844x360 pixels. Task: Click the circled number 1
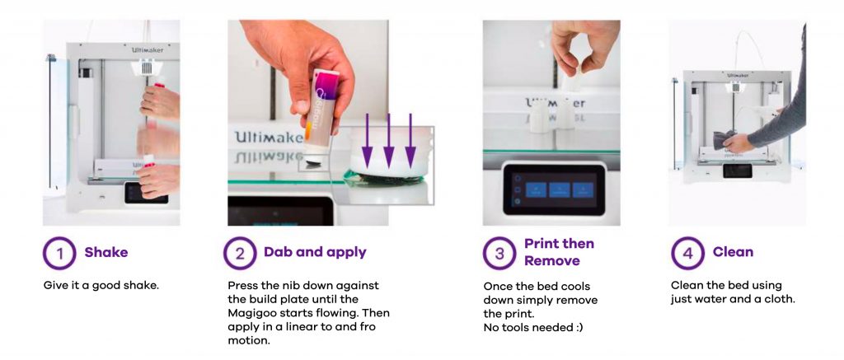(59, 253)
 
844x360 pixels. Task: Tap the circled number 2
(240, 253)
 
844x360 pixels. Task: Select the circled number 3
(499, 253)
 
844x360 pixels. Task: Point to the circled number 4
(687, 253)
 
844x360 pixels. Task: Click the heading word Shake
(106, 252)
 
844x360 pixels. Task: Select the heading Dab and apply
(315, 252)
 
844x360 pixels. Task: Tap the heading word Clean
(733, 252)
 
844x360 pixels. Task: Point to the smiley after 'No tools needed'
(578, 327)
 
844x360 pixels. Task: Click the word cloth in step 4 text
(780, 299)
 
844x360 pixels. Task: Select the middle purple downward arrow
(388, 142)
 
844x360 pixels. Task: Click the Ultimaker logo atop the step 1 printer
(148, 50)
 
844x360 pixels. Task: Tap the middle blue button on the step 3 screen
(560, 190)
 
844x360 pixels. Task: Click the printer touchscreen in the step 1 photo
(147, 193)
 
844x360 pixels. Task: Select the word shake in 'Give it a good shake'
(143, 285)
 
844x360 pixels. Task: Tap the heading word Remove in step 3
(552, 261)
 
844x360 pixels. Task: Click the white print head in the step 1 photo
(146, 68)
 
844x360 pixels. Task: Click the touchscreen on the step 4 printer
(737, 171)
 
